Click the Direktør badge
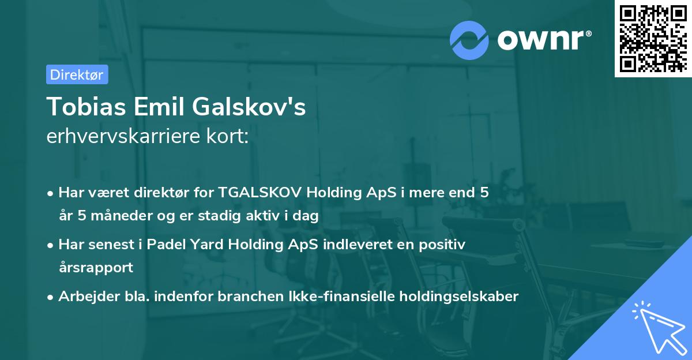point(77,74)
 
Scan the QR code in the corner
point(653,38)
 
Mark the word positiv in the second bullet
point(443,244)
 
